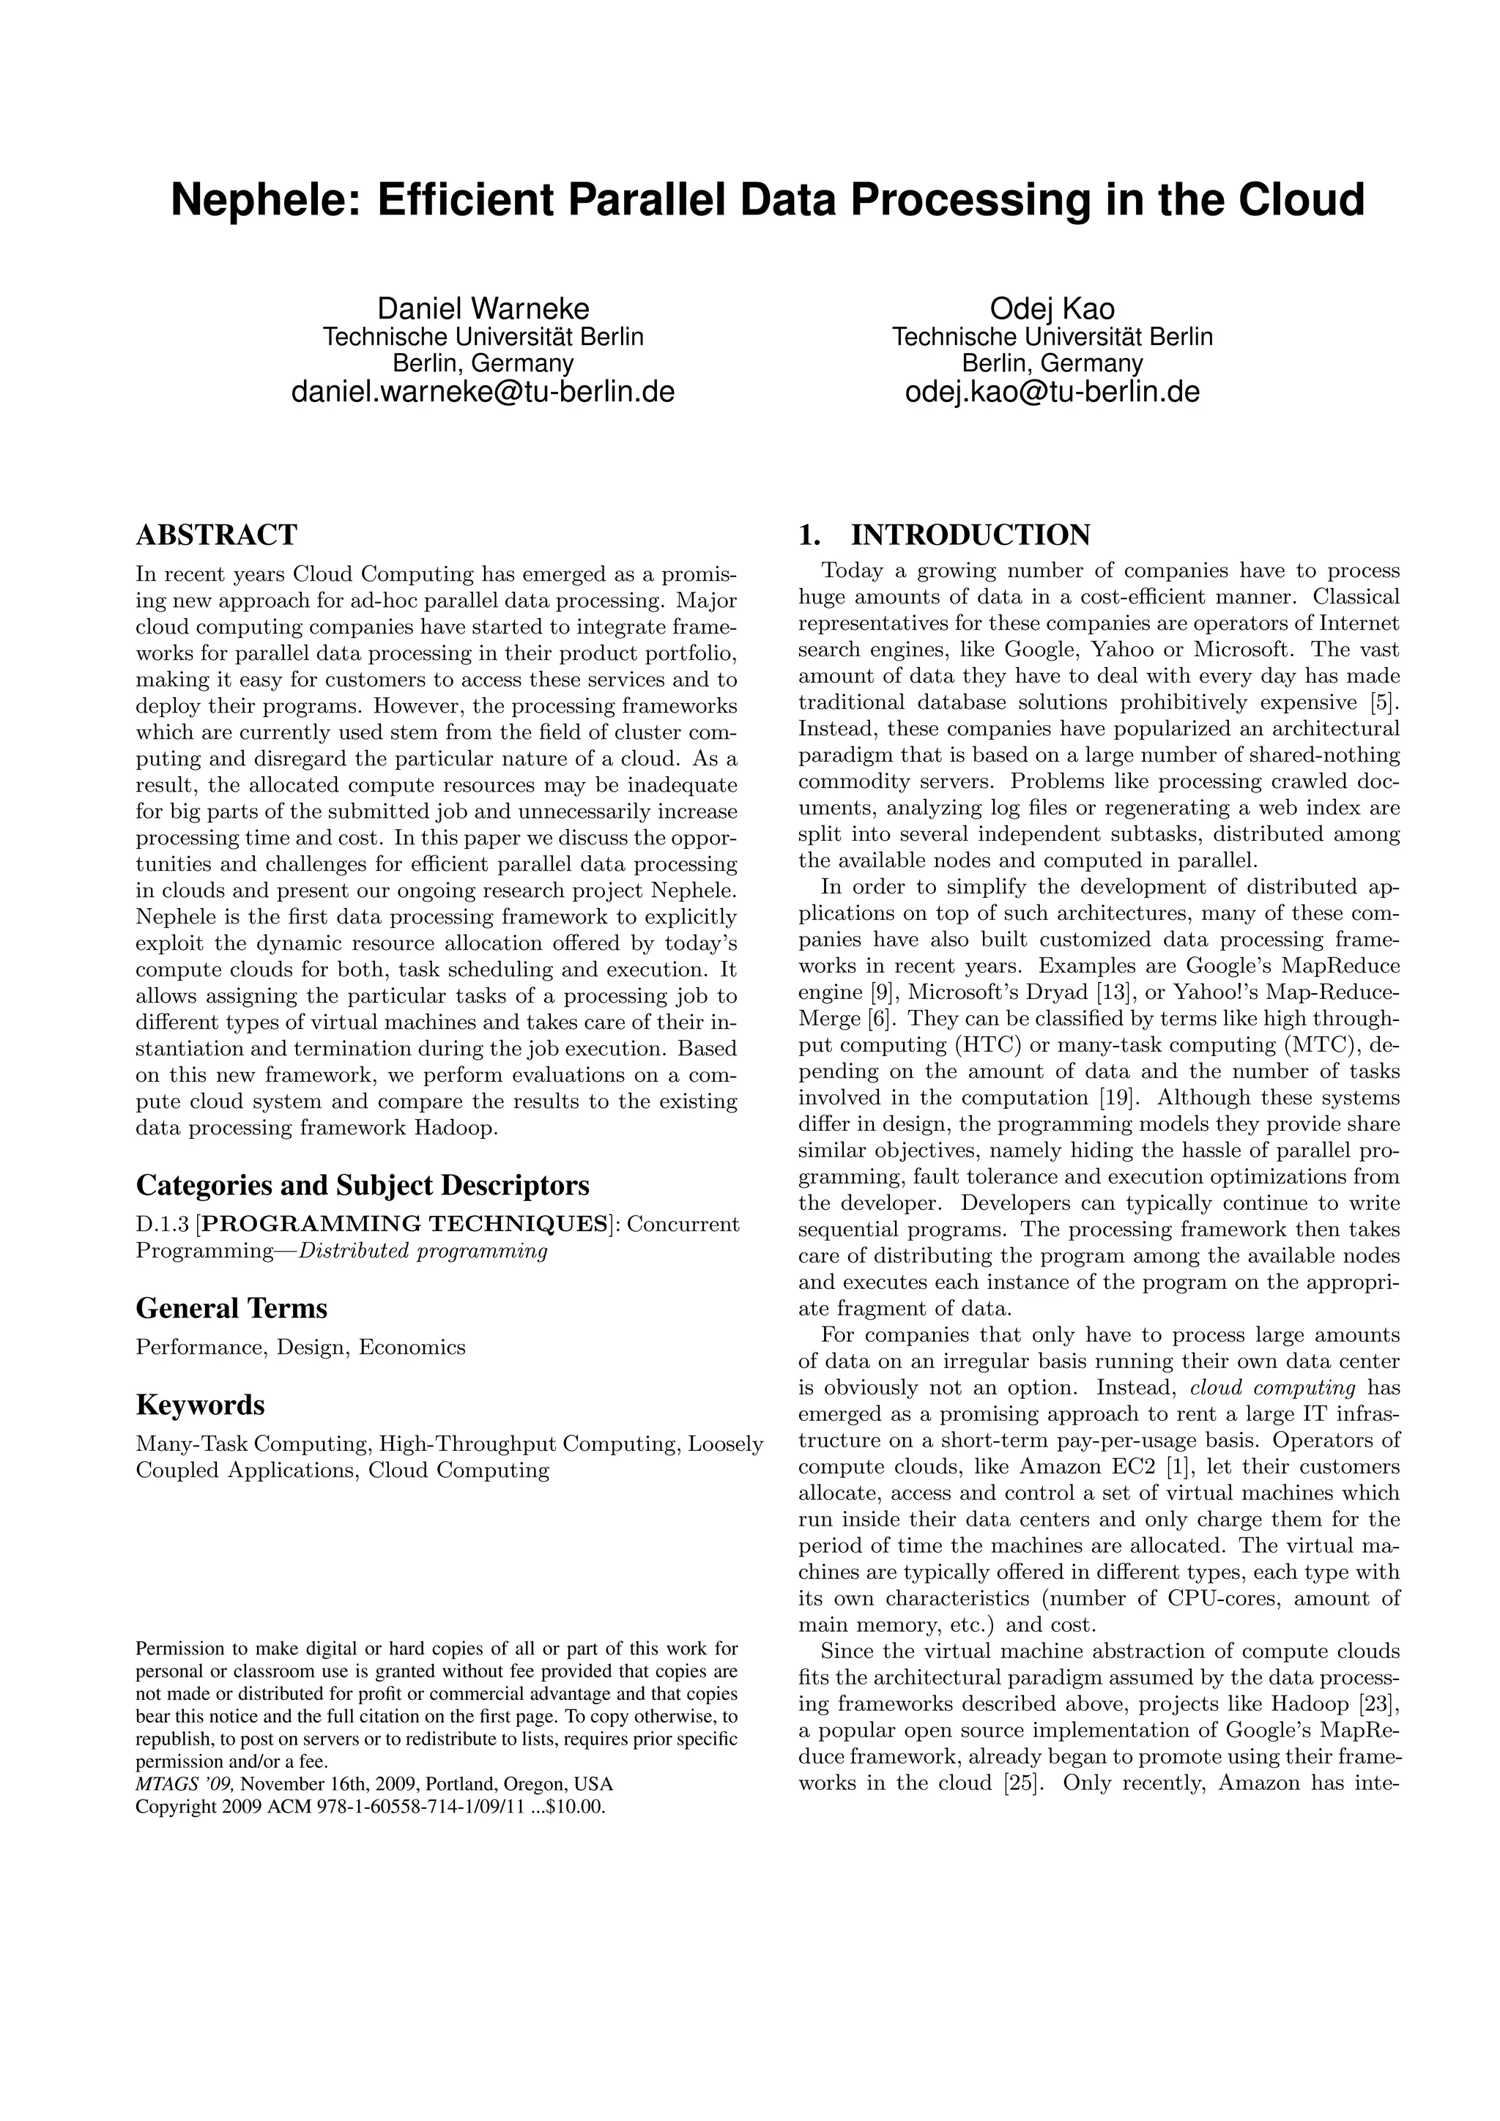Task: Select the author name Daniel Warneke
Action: click(483, 308)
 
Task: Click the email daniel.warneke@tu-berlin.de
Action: click(483, 393)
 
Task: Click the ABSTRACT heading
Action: click(216, 535)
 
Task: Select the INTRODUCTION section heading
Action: click(970, 535)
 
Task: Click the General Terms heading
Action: click(232, 1309)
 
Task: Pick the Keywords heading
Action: click(201, 1405)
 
